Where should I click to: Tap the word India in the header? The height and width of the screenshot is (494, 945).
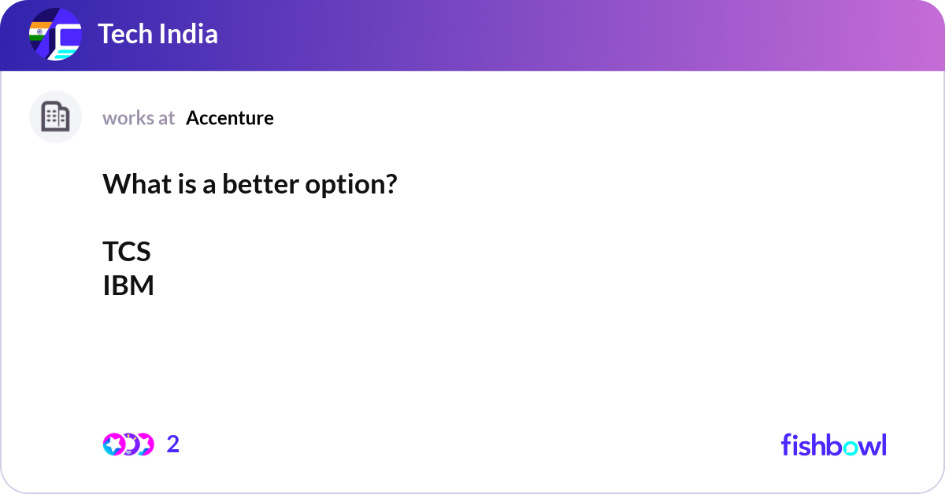click(190, 35)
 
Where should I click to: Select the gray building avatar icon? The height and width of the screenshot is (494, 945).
click(55, 117)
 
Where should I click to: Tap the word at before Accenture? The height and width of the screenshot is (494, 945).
click(166, 118)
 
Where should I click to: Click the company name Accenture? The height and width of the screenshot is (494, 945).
click(230, 118)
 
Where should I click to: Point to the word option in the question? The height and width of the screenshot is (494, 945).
click(343, 185)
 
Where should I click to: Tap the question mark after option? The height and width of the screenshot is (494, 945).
click(391, 185)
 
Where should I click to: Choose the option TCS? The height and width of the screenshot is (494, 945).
click(126, 252)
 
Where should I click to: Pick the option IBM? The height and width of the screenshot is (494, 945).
click(128, 286)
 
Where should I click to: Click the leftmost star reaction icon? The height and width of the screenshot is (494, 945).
click(113, 444)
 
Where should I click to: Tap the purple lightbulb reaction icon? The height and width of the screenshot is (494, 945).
click(130, 444)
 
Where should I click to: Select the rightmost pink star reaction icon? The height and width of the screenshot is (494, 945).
click(144, 444)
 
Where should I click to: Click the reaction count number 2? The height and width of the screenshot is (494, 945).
click(173, 444)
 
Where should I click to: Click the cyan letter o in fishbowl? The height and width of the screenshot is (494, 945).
click(847, 446)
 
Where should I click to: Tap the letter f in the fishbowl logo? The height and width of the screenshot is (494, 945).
click(786, 444)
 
